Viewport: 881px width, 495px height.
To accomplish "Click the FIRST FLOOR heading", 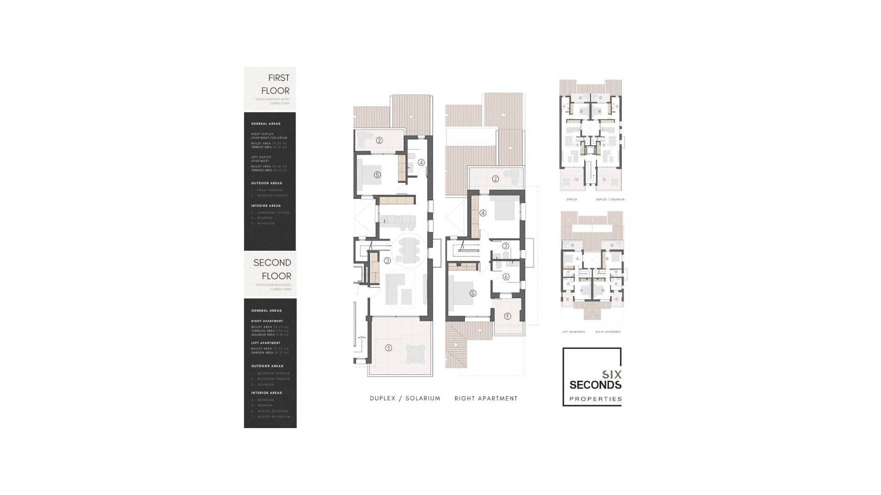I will point(275,84).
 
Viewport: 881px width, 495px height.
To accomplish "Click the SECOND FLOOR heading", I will point(272,269).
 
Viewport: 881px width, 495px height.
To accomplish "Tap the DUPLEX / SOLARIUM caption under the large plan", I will point(405,398).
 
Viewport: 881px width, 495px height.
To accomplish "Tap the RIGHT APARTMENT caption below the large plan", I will point(486,398).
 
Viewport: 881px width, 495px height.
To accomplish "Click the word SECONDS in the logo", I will point(595,385).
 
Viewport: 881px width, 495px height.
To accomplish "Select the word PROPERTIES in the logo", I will point(595,399).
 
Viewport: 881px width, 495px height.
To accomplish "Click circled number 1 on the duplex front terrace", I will point(389,348).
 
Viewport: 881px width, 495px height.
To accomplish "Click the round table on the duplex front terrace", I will point(416,354).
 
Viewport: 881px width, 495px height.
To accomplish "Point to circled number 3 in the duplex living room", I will point(387,261).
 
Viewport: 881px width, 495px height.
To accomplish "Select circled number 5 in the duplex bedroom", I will point(377,175).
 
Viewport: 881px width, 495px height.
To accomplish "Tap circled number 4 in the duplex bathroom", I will point(421,163).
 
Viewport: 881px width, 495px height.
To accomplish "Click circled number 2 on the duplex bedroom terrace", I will point(379,141).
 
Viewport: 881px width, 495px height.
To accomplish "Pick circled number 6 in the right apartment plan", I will point(506,277).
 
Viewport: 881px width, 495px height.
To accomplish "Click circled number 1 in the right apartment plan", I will point(507,316).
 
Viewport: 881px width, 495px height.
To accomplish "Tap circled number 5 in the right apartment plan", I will point(473,293).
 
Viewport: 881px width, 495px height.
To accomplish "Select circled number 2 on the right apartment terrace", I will point(495,179).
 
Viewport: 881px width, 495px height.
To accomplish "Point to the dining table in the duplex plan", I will point(408,250).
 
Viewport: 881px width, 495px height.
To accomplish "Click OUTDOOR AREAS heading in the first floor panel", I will point(267,183).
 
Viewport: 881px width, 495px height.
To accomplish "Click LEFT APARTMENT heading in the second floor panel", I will point(266,343).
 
